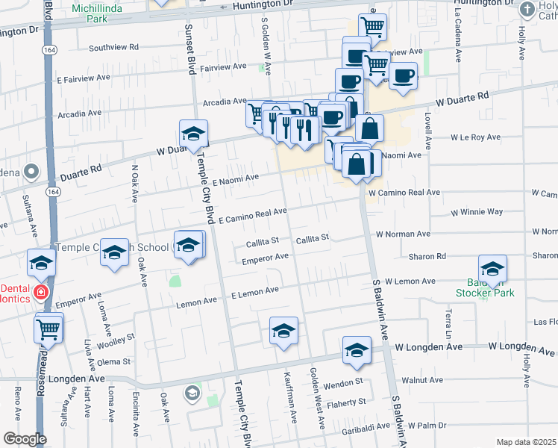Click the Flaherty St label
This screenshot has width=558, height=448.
(346, 402)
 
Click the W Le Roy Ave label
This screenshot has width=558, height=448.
(475, 137)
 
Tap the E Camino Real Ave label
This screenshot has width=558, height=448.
(253, 216)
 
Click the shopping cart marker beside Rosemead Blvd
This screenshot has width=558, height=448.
(48, 329)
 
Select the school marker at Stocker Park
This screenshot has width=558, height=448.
(492, 270)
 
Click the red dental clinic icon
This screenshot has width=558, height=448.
(41, 293)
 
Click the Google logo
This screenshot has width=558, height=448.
(25, 439)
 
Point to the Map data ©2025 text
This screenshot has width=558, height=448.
(526, 442)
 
